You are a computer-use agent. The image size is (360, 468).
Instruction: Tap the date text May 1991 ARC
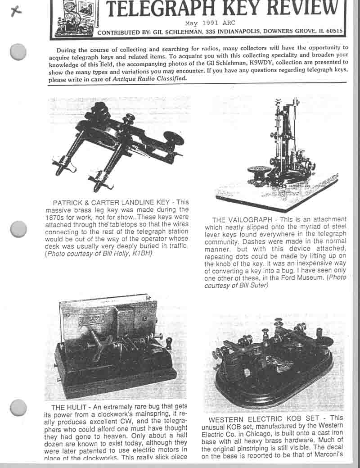coord(210,23)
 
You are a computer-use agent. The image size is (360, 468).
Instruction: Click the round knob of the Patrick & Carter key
coord(173,138)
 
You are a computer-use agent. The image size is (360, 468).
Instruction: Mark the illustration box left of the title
coord(72,18)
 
